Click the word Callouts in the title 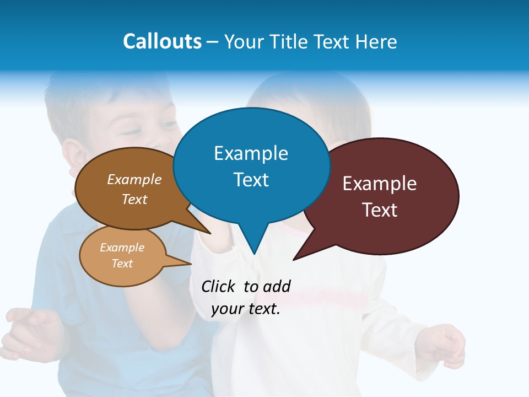(162, 41)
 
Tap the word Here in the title (376, 41)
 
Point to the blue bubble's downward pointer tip (254, 254)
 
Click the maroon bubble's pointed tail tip (294, 259)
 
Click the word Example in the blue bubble (251, 153)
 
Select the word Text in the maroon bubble (380, 210)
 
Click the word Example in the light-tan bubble (122, 248)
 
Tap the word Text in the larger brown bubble (134, 200)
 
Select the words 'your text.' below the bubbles (246, 309)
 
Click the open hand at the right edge (446, 345)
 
